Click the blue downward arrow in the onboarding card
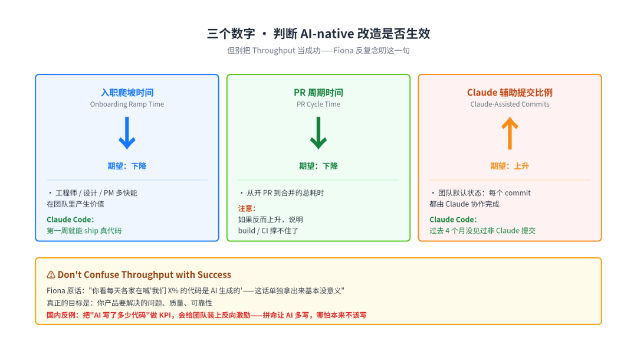[127, 133]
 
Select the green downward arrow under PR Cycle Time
[318, 133]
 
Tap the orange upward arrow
[510, 133]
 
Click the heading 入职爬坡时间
[127, 93]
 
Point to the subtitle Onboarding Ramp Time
[127, 104]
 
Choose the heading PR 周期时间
[318, 93]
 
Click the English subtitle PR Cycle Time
[318, 104]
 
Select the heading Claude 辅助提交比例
[510, 93]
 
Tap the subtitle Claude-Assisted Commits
[510, 104]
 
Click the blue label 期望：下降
[127, 166]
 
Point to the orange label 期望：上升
[510, 166]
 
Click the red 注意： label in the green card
[247, 209]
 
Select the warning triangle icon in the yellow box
[51, 274]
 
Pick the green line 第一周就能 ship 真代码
[84, 231]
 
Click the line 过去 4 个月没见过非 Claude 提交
[482, 231]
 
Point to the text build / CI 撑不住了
[268, 231]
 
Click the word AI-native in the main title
[327, 34]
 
